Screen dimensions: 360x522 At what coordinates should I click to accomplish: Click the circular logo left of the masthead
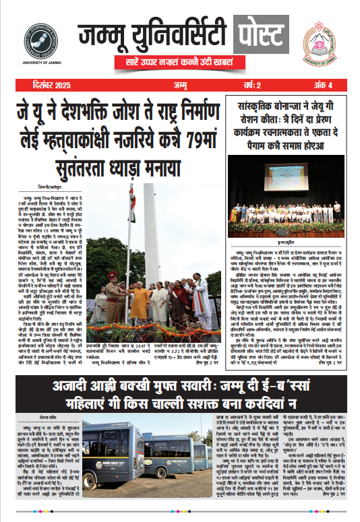(x=41, y=40)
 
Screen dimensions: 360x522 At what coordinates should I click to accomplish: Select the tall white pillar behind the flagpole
(x=150, y=236)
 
